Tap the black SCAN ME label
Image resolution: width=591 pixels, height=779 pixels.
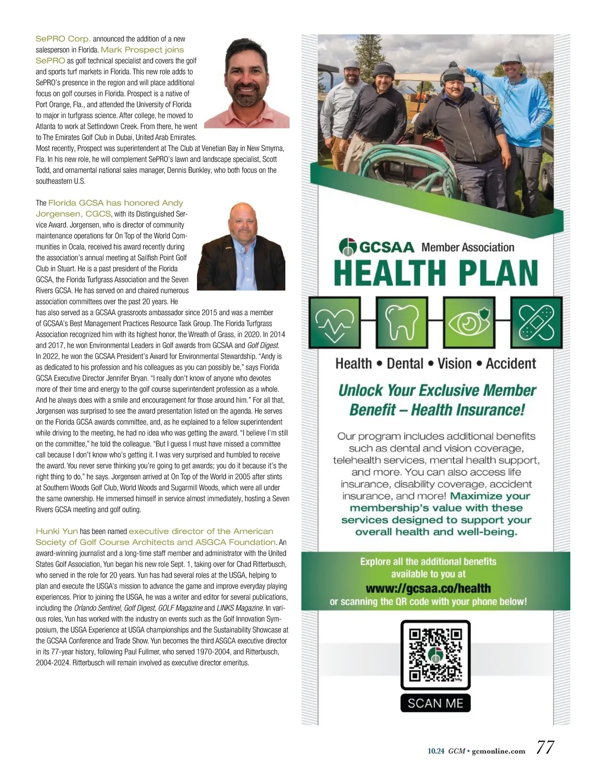[x=436, y=703]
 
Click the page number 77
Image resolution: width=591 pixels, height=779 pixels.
[x=545, y=747]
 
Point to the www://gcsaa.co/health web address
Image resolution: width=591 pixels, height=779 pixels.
[x=428, y=588]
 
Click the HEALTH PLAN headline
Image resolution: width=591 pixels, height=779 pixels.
[x=436, y=272]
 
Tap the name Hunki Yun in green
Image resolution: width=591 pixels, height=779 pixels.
[x=57, y=531]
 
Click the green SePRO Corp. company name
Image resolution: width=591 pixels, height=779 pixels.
[x=63, y=38]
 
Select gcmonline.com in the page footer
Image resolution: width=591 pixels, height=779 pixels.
[x=498, y=751]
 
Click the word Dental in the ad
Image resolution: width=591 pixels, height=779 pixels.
[x=405, y=363]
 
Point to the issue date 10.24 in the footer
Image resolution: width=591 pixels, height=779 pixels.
[x=436, y=751]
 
